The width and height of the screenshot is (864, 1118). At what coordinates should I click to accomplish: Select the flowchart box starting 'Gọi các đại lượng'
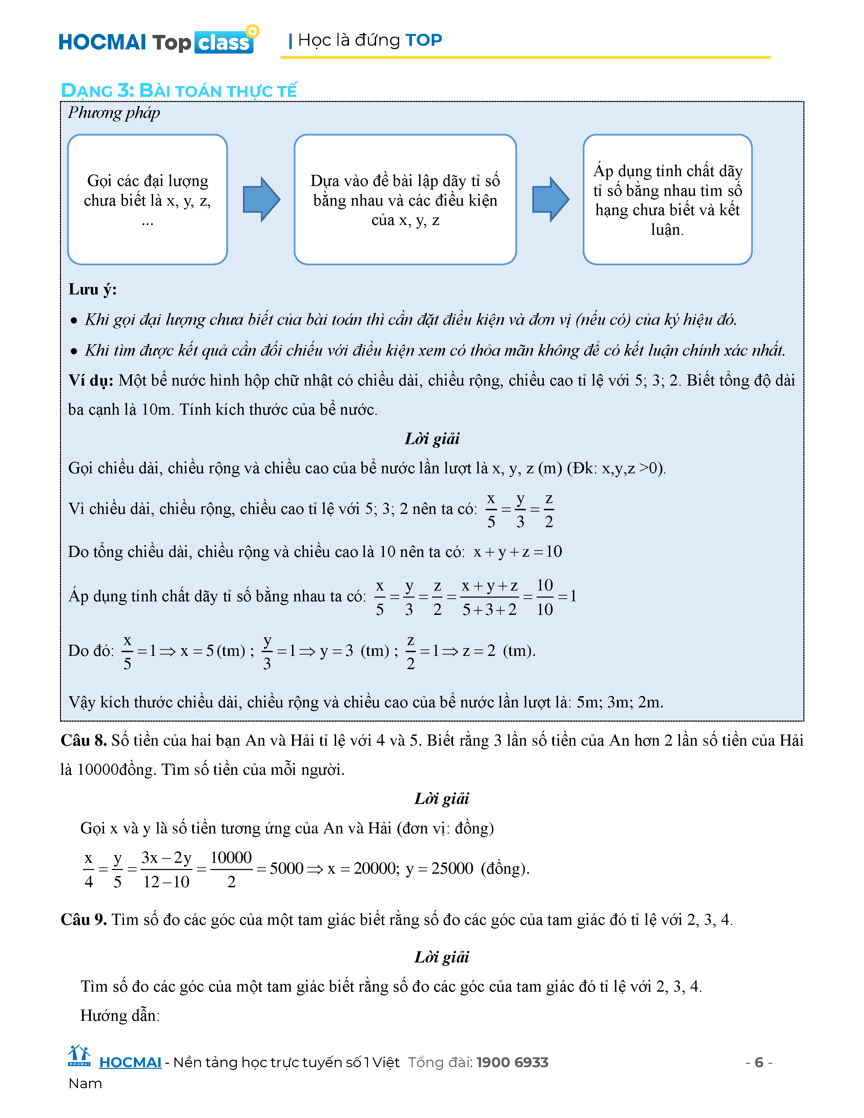147,200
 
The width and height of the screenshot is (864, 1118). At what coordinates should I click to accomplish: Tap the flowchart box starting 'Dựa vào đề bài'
405,200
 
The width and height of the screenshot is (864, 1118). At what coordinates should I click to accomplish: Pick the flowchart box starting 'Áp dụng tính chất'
667,200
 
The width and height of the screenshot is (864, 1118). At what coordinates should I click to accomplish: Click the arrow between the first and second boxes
261,200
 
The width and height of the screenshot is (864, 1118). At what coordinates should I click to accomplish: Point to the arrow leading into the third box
550,200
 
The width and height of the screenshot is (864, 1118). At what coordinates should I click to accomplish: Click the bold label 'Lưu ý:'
92,290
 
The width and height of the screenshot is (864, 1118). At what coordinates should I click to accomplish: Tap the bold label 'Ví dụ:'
90,381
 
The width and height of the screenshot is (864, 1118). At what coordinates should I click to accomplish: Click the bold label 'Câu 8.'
83,741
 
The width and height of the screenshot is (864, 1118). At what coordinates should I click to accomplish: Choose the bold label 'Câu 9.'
83,920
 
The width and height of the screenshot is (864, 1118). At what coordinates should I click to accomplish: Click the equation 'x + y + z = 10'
517,552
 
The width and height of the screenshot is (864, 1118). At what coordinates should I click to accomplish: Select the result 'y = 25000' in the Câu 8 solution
439,869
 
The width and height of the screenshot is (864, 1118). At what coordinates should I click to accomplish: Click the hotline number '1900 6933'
512,1063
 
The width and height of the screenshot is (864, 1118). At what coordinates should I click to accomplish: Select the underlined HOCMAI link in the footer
130,1063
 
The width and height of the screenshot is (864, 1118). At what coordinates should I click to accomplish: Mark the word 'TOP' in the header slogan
423,40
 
